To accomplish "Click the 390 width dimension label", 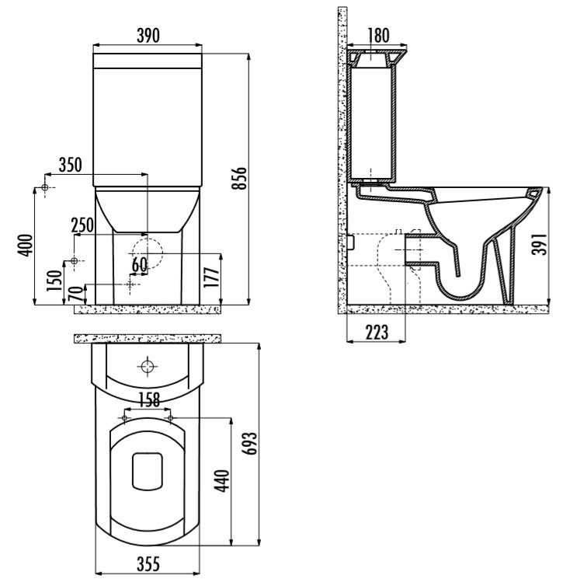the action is click(x=148, y=36).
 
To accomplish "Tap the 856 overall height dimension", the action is click(x=239, y=178).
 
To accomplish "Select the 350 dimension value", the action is click(x=70, y=165).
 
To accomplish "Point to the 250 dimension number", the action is click(x=82, y=225).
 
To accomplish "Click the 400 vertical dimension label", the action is click(x=26, y=246).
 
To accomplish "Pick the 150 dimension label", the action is click(x=54, y=281).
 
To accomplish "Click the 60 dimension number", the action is click(x=140, y=265).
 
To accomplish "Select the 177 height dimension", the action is click(x=211, y=277).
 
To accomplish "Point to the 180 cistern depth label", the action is click(x=379, y=36).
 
